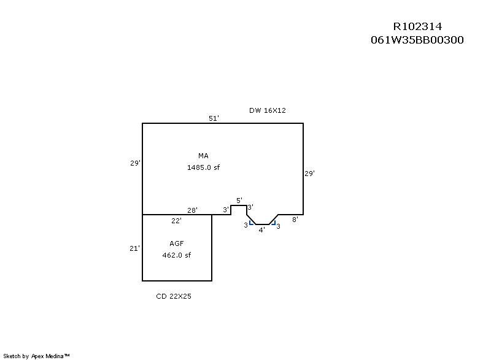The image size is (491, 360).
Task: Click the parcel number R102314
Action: [x=417, y=26]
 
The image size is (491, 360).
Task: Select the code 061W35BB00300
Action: [x=417, y=40]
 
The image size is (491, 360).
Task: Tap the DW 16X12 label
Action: [x=268, y=110]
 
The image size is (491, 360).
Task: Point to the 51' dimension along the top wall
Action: [x=214, y=118]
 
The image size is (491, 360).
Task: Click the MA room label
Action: [x=203, y=156]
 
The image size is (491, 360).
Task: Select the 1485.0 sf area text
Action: [x=203, y=167]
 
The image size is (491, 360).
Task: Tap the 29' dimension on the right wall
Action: [x=310, y=174]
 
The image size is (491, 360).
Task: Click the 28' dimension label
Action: [x=192, y=210]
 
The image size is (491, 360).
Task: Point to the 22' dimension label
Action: [x=176, y=221]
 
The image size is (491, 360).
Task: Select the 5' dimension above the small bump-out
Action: [x=239, y=201]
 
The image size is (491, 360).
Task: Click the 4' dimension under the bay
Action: [x=261, y=230]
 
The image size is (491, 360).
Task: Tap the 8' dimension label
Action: [x=295, y=219]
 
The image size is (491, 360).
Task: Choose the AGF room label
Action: [x=177, y=243]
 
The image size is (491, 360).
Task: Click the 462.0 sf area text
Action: [x=177, y=255]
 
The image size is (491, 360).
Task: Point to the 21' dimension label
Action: [x=135, y=248]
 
